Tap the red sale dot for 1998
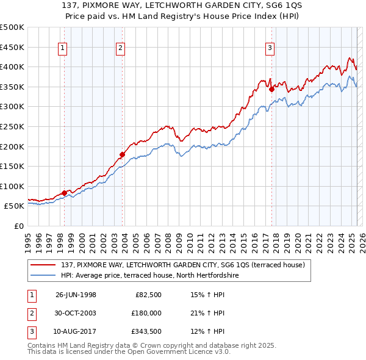[x=64, y=193]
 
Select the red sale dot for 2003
[x=122, y=154]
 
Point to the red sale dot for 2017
[x=271, y=88]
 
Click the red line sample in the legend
[x=43, y=264]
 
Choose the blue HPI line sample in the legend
[x=43, y=275]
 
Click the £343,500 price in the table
[x=146, y=332]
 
